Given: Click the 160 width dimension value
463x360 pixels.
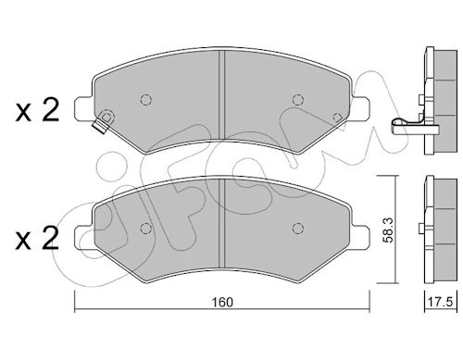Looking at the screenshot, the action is tap(222, 302).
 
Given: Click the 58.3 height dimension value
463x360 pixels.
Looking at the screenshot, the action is tap(389, 230).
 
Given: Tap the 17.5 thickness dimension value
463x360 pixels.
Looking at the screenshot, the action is tap(441, 302).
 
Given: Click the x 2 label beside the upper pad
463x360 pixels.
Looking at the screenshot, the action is tap(37, 110).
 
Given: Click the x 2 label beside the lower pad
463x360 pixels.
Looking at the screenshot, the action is tap(37, 238).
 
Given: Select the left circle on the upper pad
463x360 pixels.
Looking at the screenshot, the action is tap(145, 100).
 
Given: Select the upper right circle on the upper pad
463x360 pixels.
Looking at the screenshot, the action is tap(298, 99).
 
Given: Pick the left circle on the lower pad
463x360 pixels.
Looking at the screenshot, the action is tap(145, 229).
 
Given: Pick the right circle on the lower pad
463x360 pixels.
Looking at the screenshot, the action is tap(298, 228).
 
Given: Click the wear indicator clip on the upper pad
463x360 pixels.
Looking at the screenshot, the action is tap(104, 121).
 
